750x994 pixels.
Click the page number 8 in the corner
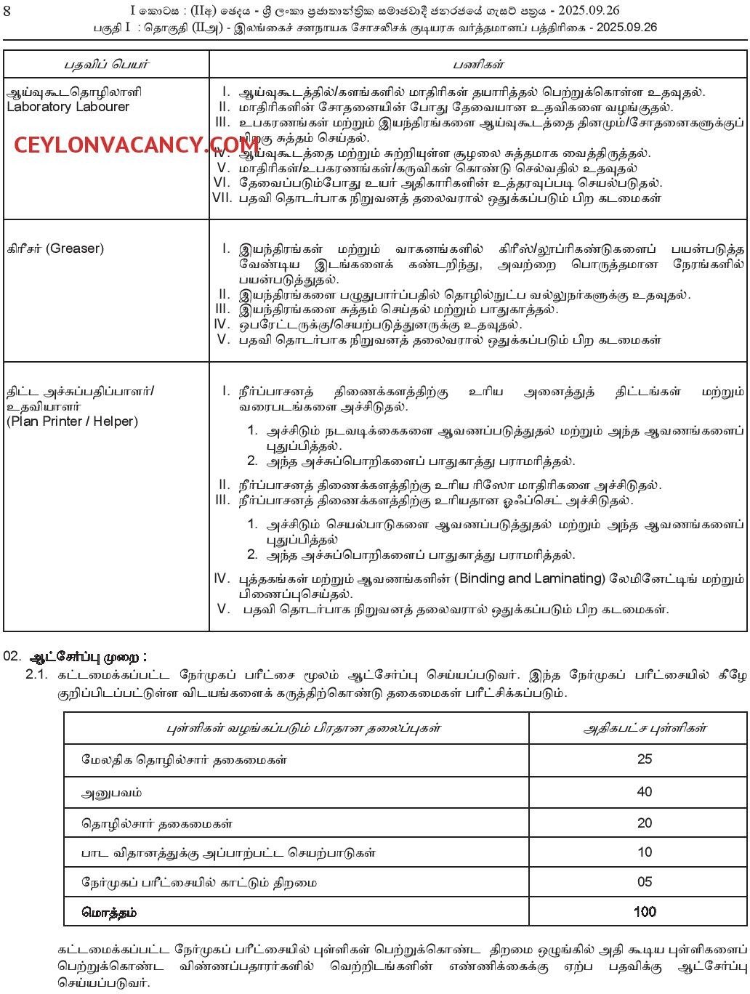point(7,11)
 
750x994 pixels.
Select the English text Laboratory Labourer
point(68,107)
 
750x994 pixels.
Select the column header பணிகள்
point(478,64)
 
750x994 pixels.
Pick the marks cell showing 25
point(644,759)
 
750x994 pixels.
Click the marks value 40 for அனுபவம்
point(644,791)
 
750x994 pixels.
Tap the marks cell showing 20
point(644,823)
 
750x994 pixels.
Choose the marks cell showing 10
point(644,852)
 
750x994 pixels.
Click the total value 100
point(644,911)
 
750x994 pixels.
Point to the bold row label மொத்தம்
point(109,911)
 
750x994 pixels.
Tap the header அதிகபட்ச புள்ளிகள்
point(645,728)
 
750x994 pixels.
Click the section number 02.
point(12,657)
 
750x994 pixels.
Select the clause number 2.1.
point(36,675)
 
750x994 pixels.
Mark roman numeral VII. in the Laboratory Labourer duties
point(221,197)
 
